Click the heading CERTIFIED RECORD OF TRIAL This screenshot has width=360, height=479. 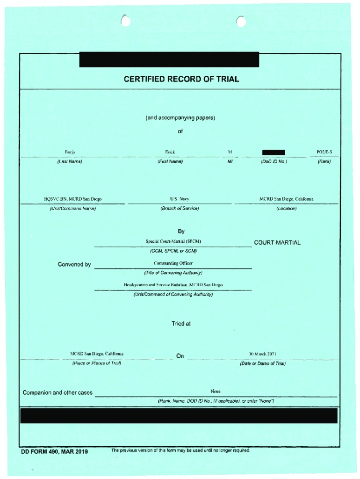click(181, 79)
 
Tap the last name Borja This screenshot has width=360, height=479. click(70, 152)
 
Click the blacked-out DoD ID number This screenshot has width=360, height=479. click(274, 152)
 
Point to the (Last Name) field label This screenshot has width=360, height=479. click(70, 162)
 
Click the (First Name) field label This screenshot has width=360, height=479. click(170, 162)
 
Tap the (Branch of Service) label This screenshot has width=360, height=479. click(179, 208)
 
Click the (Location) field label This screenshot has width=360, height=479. click(286, 208)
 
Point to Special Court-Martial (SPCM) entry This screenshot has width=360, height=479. click(173, 242)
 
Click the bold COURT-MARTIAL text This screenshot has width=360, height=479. click(277, 243)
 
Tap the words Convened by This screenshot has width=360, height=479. click(74, 264)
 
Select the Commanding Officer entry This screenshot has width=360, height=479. click(173, 263)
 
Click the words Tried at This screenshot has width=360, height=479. click(181, 323)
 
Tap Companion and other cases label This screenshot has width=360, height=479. click(58, 392)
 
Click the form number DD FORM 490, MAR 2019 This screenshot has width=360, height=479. click(54, 451)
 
